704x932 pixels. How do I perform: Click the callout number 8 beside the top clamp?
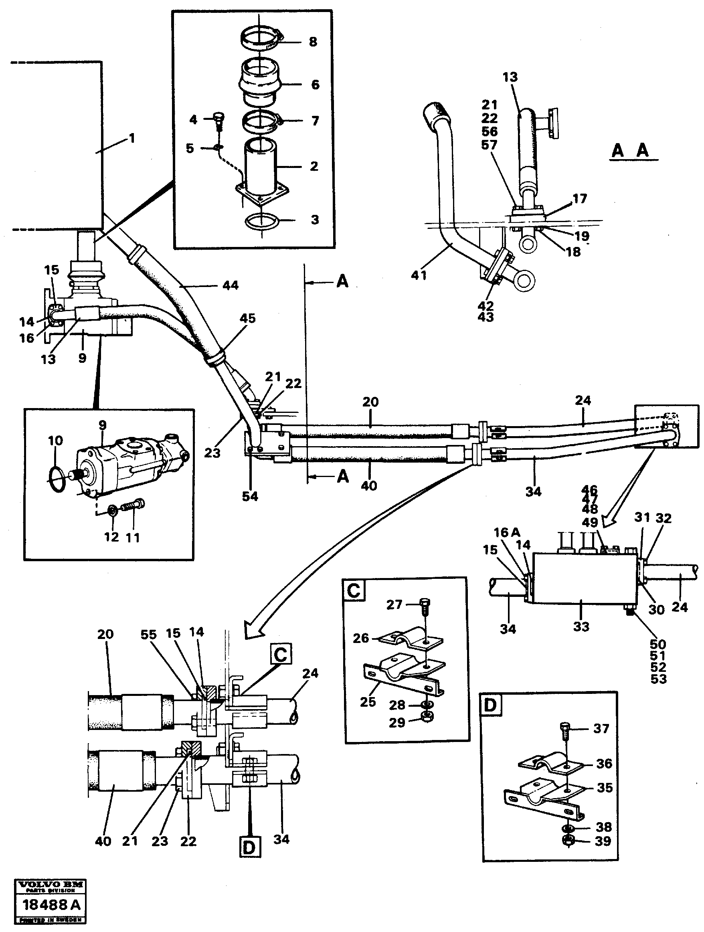(313, 42)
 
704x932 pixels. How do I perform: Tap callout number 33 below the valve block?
(581, 627)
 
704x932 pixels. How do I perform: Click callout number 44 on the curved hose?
(231, 286)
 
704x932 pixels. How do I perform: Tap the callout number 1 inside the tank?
(132, 138)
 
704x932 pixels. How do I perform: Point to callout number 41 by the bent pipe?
(419, 275)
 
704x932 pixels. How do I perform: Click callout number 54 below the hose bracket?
(250, 496)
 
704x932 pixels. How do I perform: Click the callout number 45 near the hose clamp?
(248, 318)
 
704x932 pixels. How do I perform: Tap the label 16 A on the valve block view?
(507, 533)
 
